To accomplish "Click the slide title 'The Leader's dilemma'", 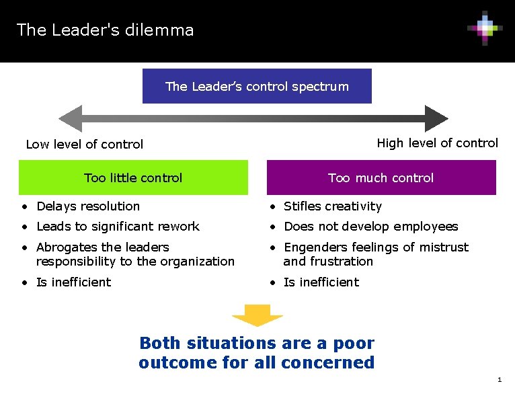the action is (x=105, y=30).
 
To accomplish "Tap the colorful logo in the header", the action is (x=485, y=28).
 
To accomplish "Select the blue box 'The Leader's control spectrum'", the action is (x=257, y=86).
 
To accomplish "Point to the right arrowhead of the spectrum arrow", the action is (x=436, y=118).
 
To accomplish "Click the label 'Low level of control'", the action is (x=84, y=144).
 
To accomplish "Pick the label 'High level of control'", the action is (x=437, y=143).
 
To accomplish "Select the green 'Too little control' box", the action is (x=133, y=178).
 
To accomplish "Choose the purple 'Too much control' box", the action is (x=381, y=178).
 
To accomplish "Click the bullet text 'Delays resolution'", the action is (x=88, y=206).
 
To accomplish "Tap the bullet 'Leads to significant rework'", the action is (x=118, y=227).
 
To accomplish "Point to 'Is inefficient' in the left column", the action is (x=73, y=282).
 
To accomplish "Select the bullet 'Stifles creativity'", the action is (x=332, y=206).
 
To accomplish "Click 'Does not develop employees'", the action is (x=370, y=227).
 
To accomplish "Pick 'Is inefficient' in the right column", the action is (x=321, y=282).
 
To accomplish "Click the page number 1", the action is (x=499, y=381).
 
